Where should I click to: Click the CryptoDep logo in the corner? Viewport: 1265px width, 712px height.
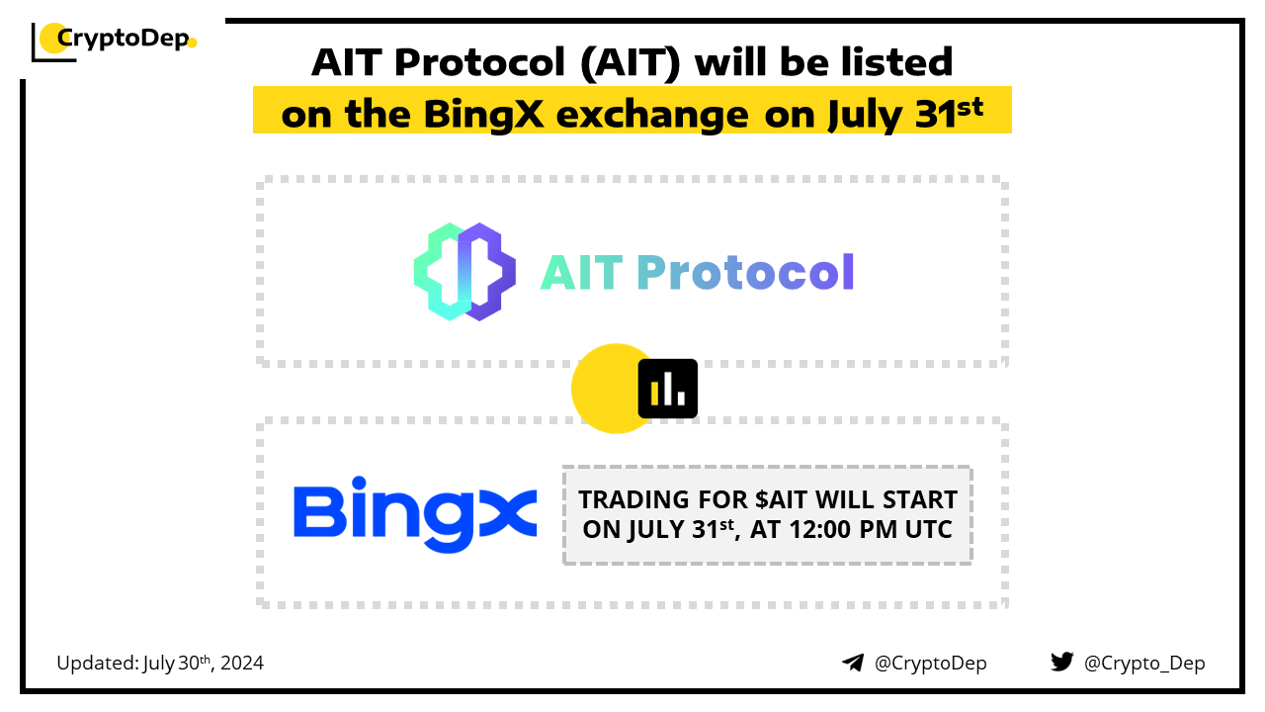click(114, 41)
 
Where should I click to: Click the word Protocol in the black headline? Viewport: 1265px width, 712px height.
click(479, 62)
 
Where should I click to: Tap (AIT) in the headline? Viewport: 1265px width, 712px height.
click(631, 63)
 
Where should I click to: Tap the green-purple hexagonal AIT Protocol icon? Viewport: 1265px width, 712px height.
click(464, 272)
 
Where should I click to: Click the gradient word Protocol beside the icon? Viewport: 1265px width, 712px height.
click(745, 272)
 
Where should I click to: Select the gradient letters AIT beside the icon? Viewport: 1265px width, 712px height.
click(582, 272)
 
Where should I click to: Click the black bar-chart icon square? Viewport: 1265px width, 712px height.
click(667, 389)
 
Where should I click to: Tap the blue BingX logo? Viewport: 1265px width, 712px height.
click(415, 514)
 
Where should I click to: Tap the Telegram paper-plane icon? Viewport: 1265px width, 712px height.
click(853, 663)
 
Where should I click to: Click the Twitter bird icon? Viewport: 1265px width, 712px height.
click(1062, 662)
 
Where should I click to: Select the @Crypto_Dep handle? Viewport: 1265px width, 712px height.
click(1144, 664)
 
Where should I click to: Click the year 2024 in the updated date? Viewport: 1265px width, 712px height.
click(242, 664)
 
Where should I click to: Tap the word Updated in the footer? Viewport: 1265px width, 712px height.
click(97, 664)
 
